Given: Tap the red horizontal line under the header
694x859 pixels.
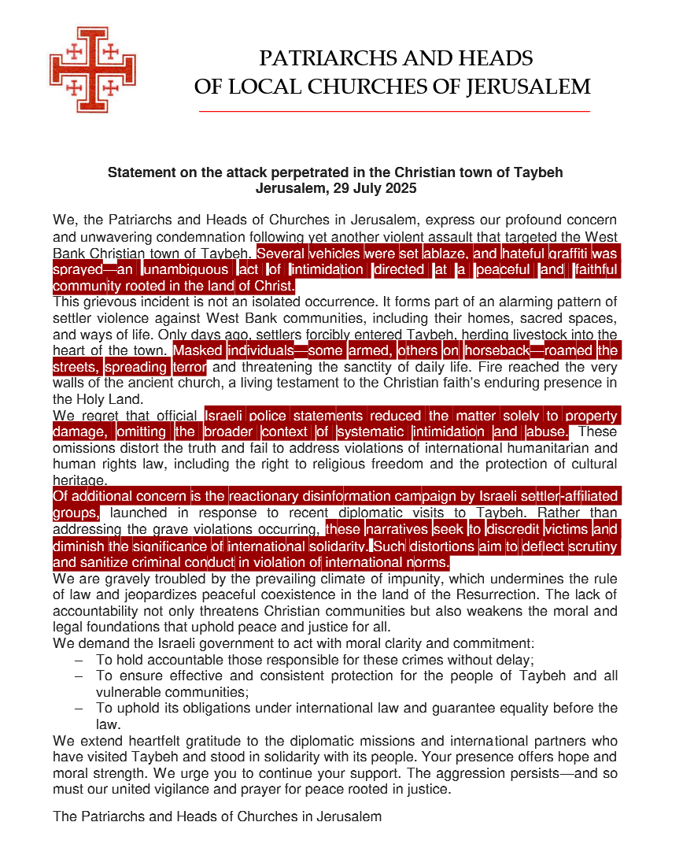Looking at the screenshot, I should point(391,112).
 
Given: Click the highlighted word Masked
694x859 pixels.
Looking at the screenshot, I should point(198,350).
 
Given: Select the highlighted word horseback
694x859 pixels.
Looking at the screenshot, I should point(497,350).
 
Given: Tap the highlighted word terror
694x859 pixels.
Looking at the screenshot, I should point(188,367).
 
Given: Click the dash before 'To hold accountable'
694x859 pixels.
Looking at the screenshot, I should point(79,661).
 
